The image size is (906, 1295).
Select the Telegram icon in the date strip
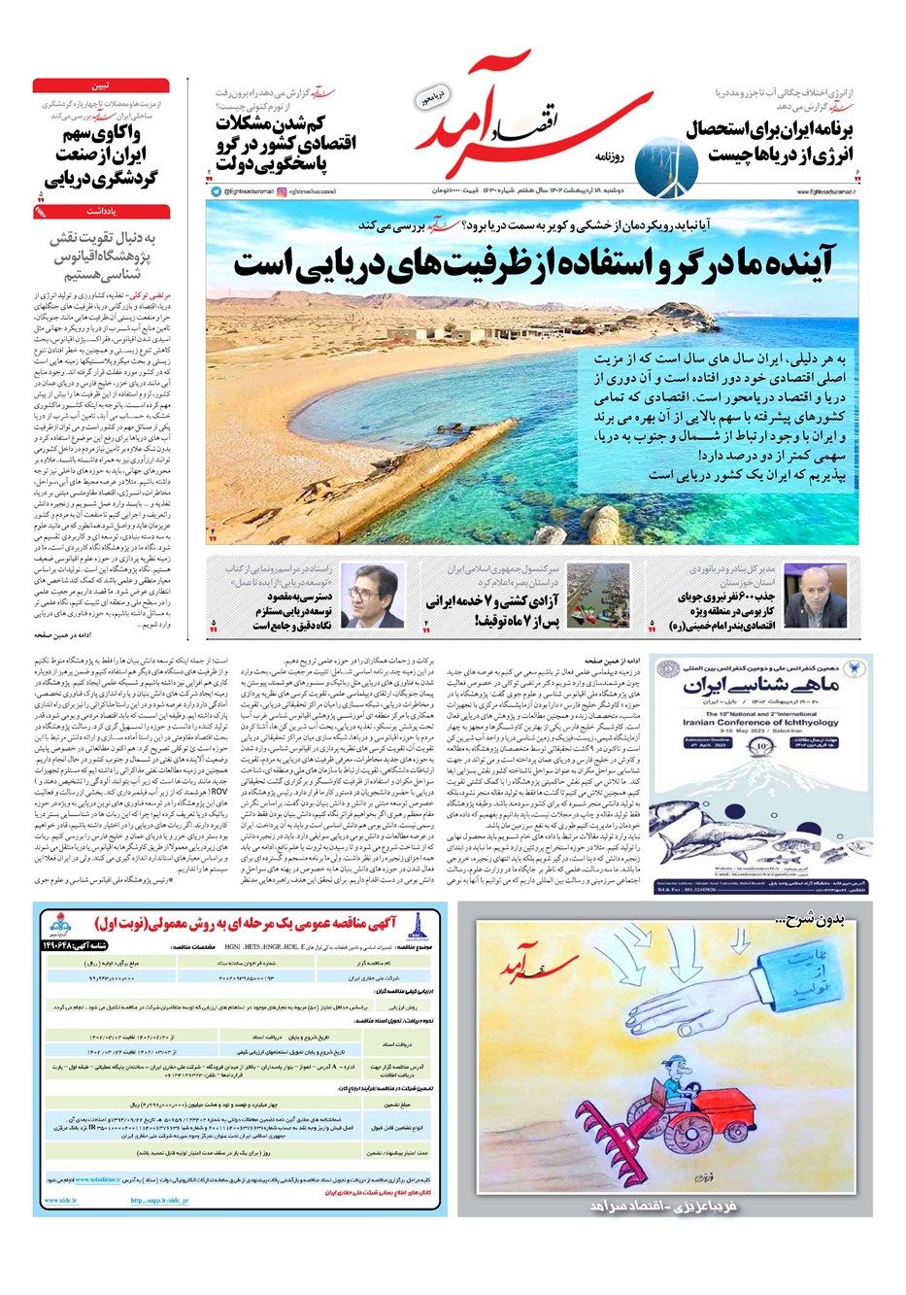tap(216, 191)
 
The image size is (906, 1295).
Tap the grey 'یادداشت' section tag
tap(100, 210)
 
